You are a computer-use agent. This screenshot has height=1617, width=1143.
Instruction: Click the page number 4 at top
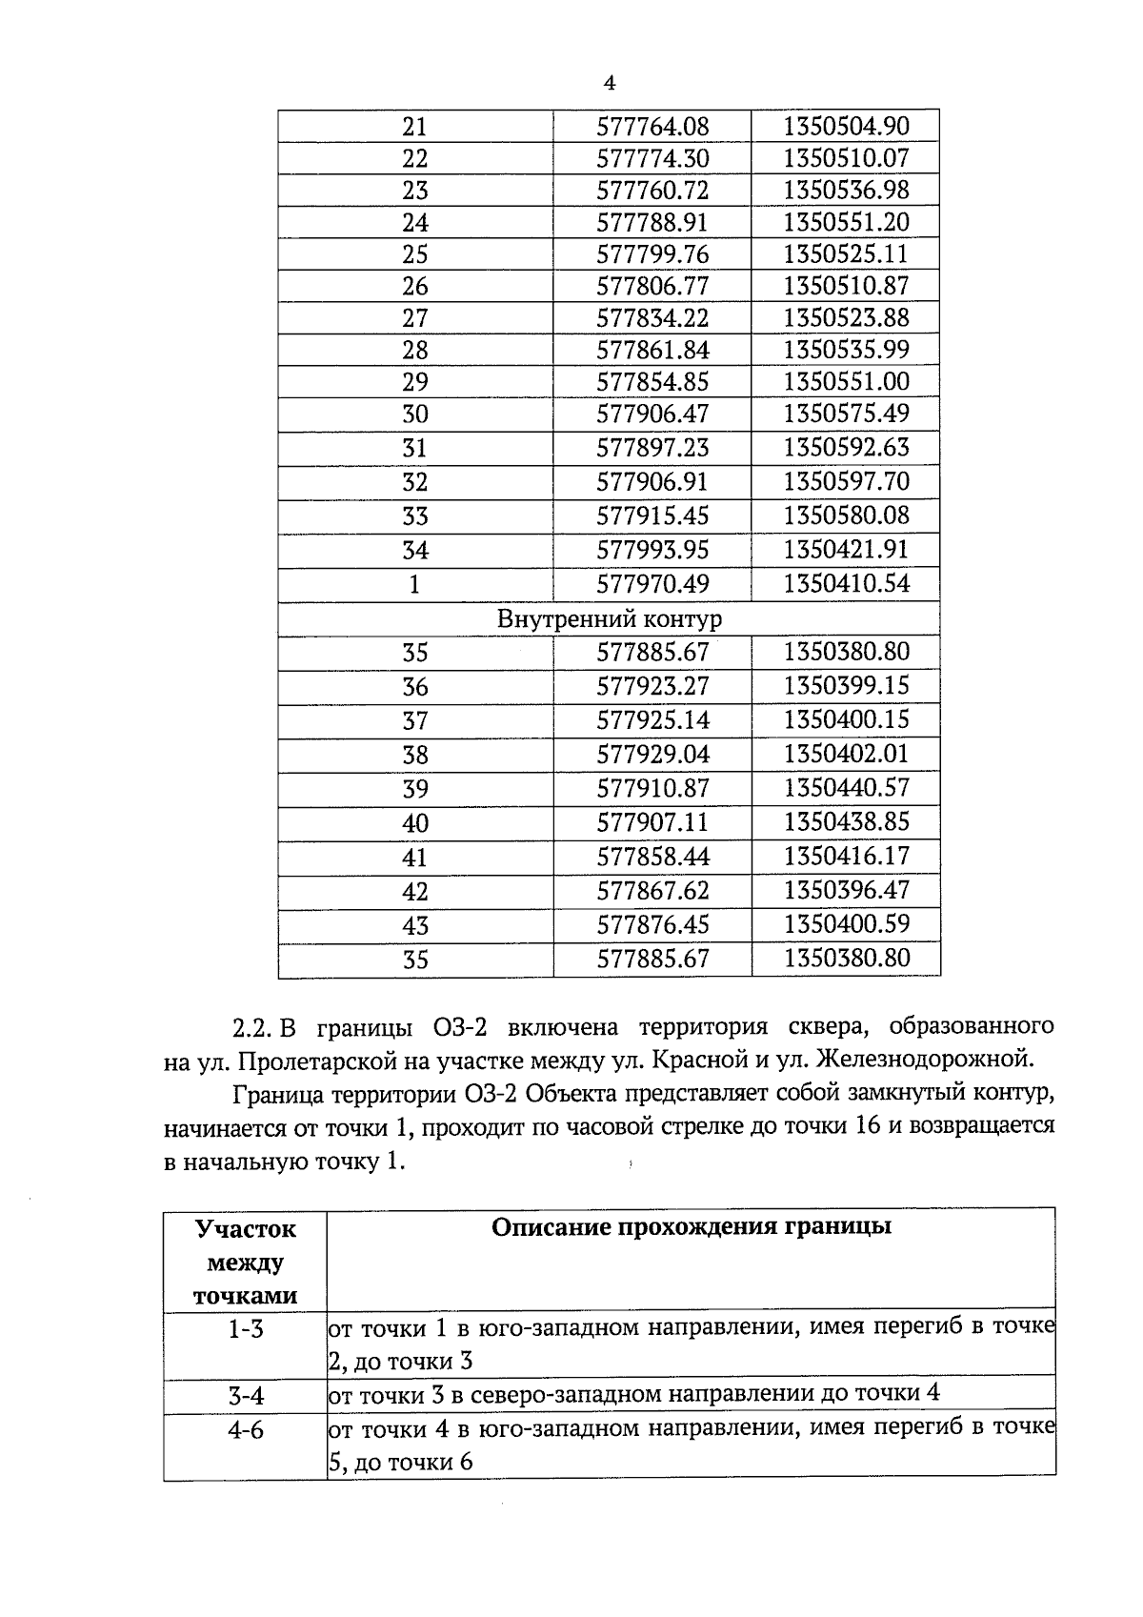pyautogui.click(x=610, y=84)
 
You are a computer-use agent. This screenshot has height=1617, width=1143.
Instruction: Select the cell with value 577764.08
pyautogui.click(x=652, y=127)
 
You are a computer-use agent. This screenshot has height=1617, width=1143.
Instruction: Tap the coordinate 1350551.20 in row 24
pyautogui.click(x=846, y=222)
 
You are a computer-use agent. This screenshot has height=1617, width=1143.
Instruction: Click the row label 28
pyautogui.click(x=415, y=350)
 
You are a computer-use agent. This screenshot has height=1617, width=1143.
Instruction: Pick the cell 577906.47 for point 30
pyautogui.click(x=652, y=414)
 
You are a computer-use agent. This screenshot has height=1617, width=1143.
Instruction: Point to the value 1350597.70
pyautogui.click(x=846, y=481)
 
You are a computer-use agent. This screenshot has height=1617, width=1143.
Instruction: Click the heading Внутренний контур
pyautogui.click(x=610, y=619)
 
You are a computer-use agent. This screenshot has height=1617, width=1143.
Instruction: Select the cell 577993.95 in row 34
pyautogui.click(x=652, y=550)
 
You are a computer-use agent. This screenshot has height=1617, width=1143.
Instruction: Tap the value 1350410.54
pyautogui.click(x=846, y=583)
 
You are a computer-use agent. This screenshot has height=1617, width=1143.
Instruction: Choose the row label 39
pyautogui.click(x=415, y=789)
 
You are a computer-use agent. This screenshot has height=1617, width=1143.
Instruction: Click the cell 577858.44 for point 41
pyautogui.click(x=652, y=857)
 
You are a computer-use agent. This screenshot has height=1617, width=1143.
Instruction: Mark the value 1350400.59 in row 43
pyautogui.click(x=846, y=923)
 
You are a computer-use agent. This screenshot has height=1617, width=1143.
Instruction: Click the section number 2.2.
pyautogui.click(x=252, y=1028)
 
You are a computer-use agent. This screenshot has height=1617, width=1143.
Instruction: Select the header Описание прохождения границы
pyautogui.click(x=691, y=1227)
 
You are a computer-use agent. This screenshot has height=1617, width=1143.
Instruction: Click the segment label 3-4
pyautogui.click(x=246, y=1396)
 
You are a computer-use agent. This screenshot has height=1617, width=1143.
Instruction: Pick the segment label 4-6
pyautogui.click(x=246, y=1430)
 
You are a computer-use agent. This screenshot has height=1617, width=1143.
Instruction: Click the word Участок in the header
pyautogui.click(x=246, y=1229)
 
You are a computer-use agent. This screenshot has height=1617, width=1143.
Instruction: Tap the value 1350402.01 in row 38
pyautogui.click(x=846, y=755)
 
